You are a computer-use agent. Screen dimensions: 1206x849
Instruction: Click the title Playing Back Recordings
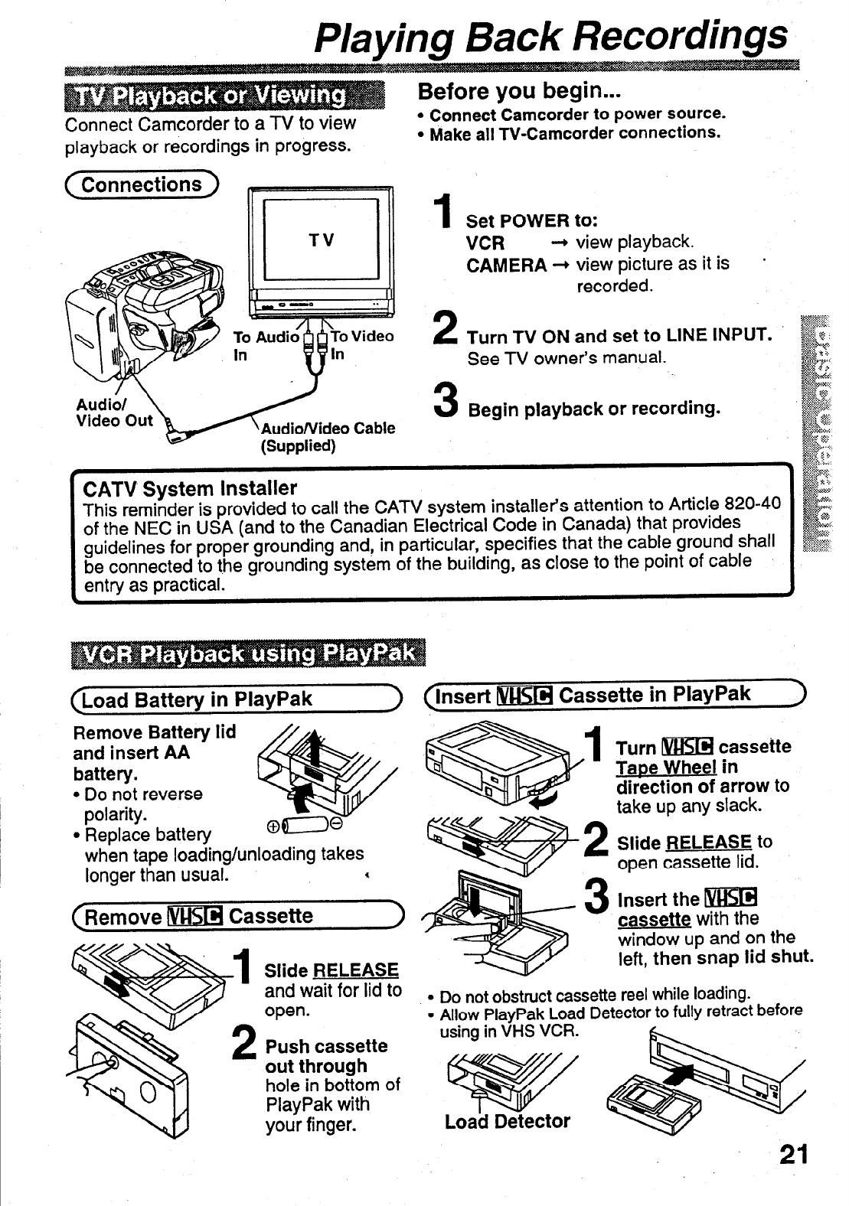tap(551, 34)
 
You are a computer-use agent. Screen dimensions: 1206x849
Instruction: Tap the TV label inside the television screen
tap(321, 240)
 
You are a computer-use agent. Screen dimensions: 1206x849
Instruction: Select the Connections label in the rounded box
tap(142, 185)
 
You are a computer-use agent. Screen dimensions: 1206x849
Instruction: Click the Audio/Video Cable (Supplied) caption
tap(329, 436)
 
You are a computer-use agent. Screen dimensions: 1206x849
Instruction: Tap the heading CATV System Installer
tap(189, 488)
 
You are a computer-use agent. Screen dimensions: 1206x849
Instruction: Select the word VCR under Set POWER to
tap(485, 243)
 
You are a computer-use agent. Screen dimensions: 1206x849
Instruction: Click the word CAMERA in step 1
tap(506, 266)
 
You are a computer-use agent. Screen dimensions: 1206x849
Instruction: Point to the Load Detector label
tap(507, 1122)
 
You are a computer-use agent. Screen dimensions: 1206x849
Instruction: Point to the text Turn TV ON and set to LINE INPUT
tap(618, 336)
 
